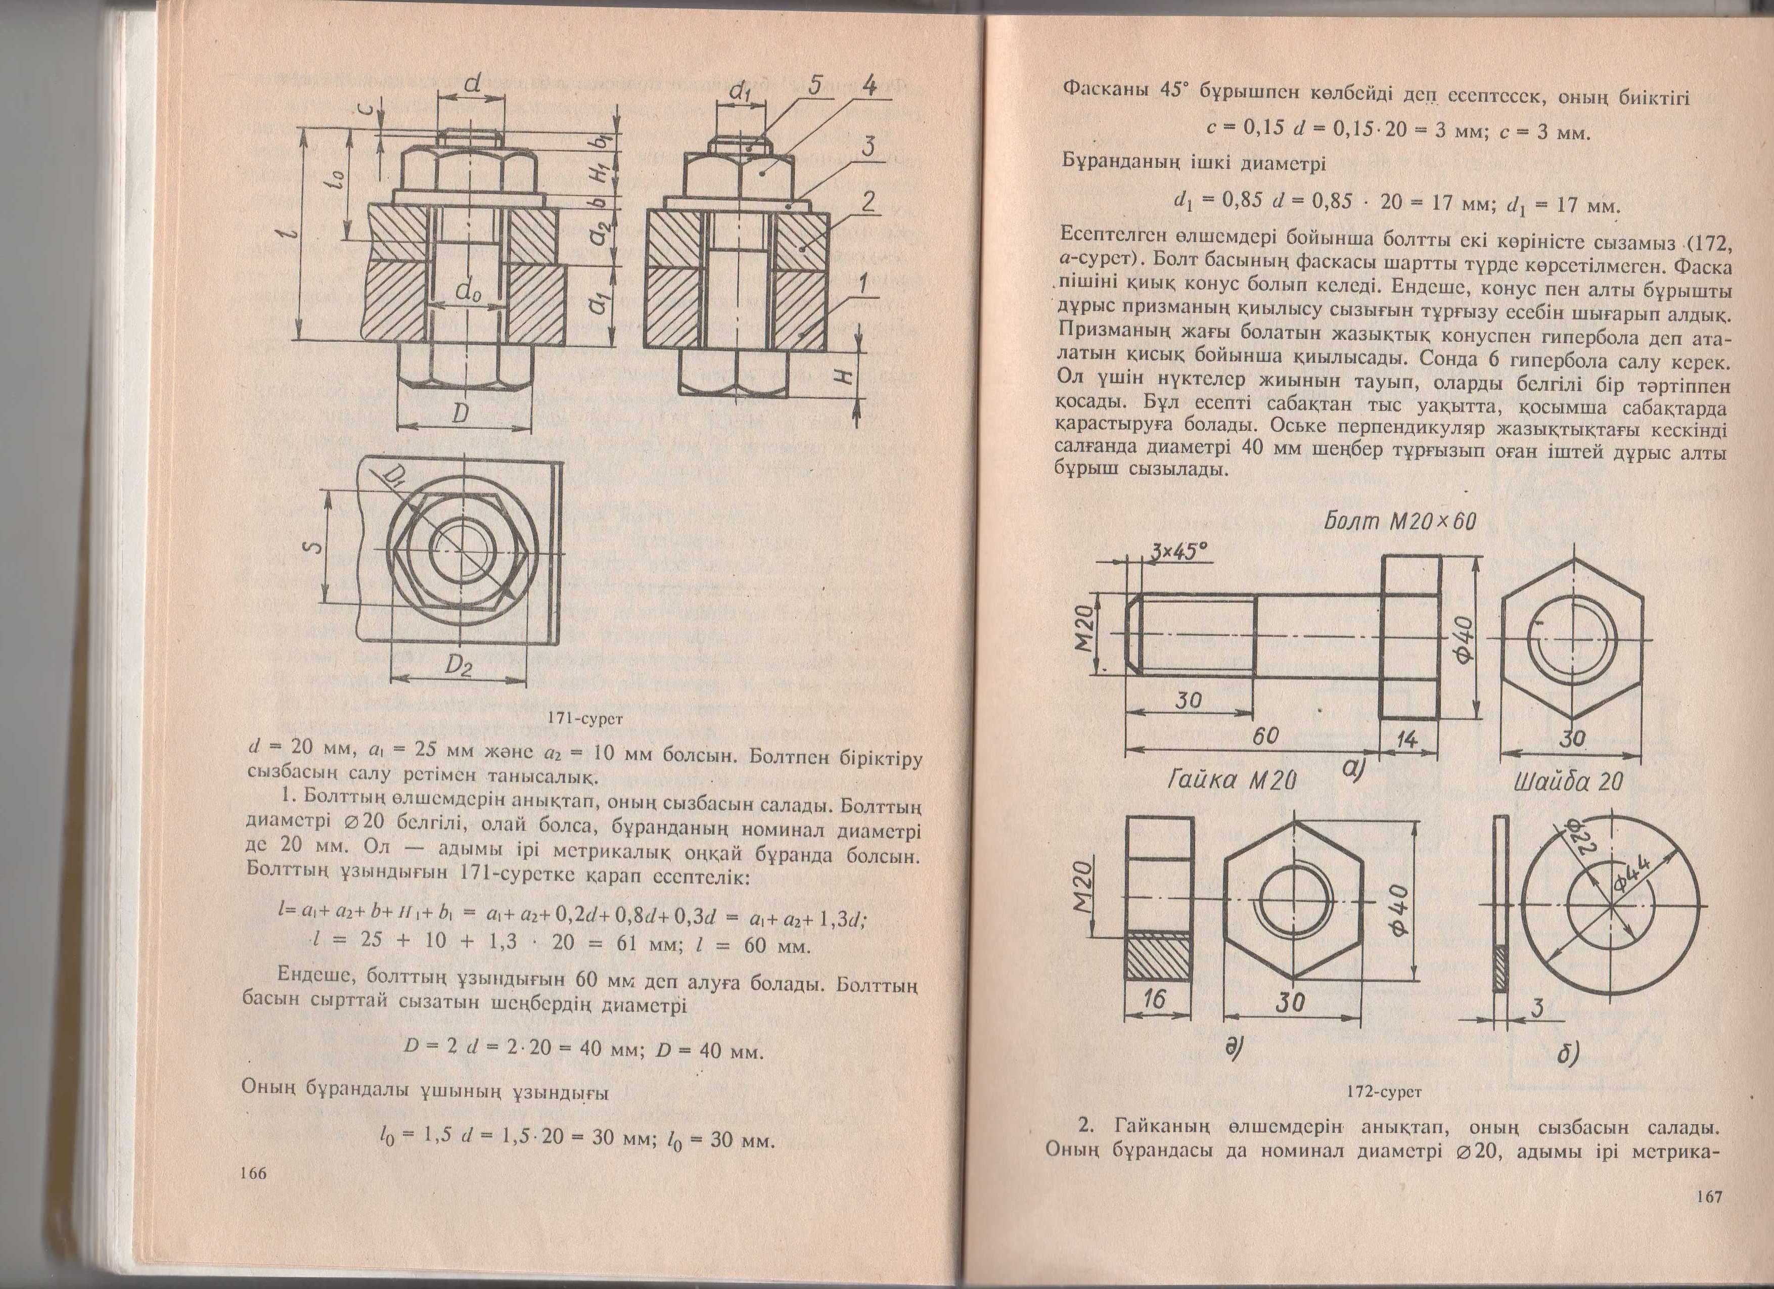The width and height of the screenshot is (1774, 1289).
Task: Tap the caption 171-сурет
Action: pos(586,717)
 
